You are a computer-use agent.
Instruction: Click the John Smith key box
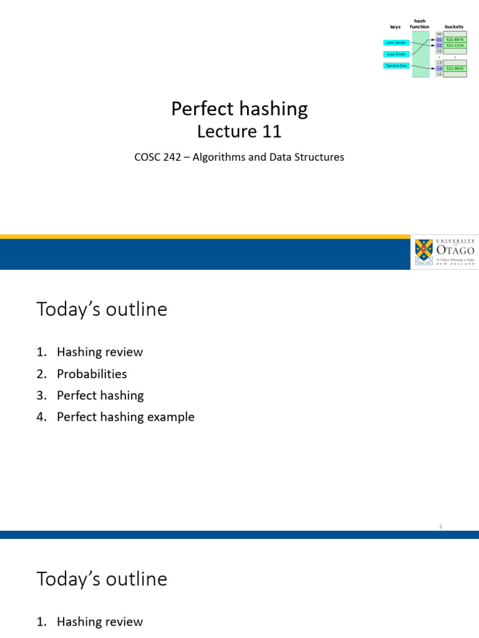click(x=395, y=43)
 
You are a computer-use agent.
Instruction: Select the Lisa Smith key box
click(x=395, y=54)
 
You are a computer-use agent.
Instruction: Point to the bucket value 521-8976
click(x=455, y=40)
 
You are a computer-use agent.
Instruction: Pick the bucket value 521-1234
click(x=455, y=45)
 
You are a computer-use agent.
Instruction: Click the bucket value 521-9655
click(x=455, y=69)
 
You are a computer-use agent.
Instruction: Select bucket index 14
click(x=439, y=69)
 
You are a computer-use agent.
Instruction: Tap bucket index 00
click(x=439, y=34)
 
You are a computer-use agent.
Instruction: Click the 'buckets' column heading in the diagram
click(x=453, y=27)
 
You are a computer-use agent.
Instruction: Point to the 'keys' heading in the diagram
click(x=395, y=27)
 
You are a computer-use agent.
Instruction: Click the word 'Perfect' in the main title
click(x=199, y=110)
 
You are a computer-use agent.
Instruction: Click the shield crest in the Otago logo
click(x=423, y=251)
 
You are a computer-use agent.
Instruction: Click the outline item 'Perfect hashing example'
click(x=125, y=417)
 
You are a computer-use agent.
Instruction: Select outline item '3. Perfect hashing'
click(x=100, y=396)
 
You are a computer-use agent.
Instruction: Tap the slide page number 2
click(x=440, y=526)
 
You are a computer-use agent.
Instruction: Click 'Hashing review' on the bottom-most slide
click(x=99, y=622)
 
